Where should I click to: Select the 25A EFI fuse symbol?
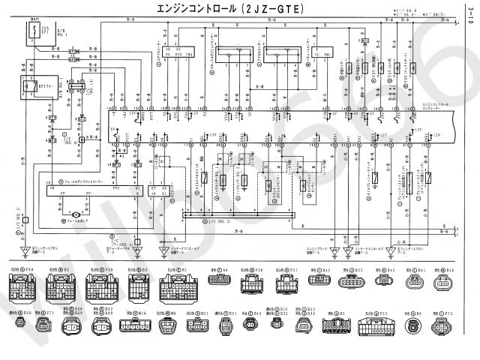[x=35, y=34]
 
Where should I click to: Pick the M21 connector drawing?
[x=196, y=328]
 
